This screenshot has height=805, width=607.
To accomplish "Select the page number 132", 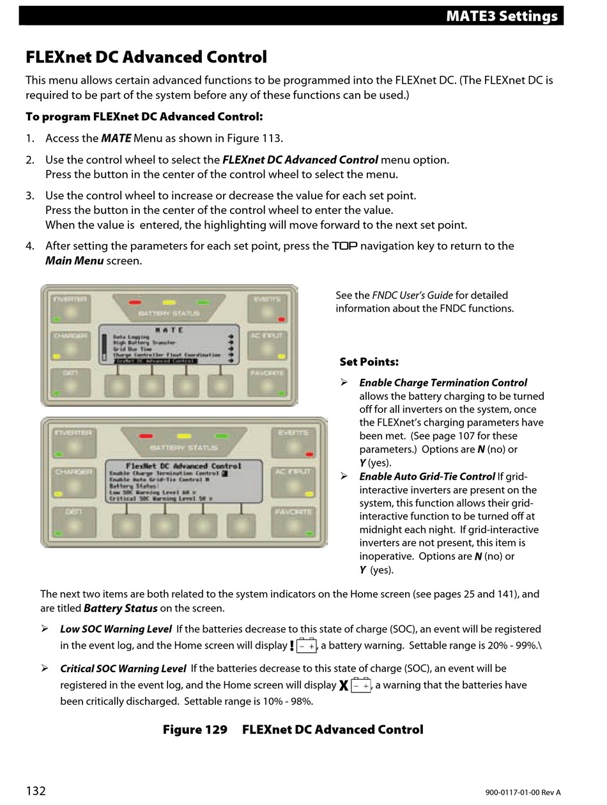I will click(36, 791).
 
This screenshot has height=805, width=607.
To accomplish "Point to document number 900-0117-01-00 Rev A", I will click(522, 792).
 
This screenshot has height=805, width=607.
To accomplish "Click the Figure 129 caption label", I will click(195, 729).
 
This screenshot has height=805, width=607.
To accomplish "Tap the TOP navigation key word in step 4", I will click(344, 246).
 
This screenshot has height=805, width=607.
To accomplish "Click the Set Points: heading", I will click(369, 362).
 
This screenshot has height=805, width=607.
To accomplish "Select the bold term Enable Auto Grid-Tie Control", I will click(427, 476).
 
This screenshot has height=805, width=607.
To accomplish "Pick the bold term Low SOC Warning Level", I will click(116, 629).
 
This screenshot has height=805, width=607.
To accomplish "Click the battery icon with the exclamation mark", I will click(303, 645).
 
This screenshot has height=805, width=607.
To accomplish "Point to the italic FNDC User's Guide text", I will click(413, 295).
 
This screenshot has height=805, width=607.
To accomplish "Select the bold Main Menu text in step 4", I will click(74, 261).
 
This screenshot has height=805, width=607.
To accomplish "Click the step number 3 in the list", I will click(30, 195).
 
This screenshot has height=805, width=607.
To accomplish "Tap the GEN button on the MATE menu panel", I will click(71, 382).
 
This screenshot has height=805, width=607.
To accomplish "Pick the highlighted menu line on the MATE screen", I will click(155, 361).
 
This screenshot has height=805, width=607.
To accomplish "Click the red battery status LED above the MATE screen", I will click(135, 302).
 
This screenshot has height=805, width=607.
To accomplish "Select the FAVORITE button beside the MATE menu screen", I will click(267, 382).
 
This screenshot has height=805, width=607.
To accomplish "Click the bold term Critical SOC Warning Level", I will click(123, 668).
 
